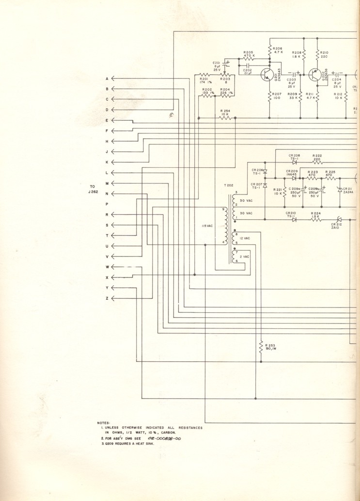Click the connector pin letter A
(107, 79)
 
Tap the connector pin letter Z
(107, 298)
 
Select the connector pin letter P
(107, 204)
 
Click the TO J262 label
(93, 189)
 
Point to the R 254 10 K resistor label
(225, 113)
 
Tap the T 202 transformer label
(229, 186)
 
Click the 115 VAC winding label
(208, 226)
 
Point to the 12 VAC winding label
(245, 238)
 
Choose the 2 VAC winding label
(245, 257)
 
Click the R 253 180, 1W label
(268, 347)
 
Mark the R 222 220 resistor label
(317, 158)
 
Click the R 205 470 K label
(249, 54)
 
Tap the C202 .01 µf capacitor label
(248, 72)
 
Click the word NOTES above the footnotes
(104, 422)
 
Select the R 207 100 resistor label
(277, 96)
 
